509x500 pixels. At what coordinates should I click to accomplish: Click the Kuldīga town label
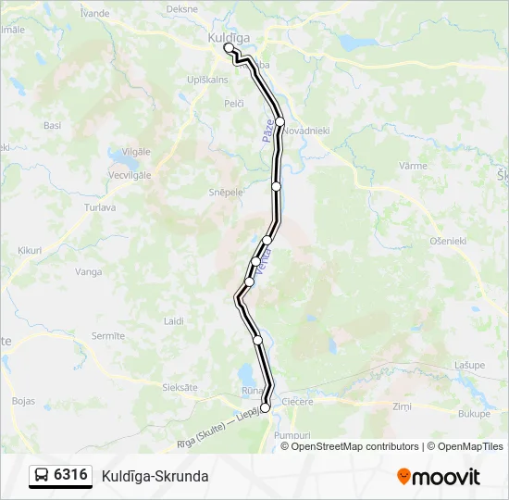coord(223,36)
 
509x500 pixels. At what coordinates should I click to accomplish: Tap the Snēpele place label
coord(226,192)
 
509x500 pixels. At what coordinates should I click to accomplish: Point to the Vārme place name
coord(413,166)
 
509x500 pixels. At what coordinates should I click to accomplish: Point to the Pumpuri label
coord(293,433)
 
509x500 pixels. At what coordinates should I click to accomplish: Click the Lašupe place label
coord(469,365)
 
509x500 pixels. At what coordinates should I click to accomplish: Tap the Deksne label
coord(182,8)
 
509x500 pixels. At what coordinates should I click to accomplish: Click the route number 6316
coord(71,475)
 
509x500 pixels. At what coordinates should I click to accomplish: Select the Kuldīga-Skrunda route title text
coord(155,476)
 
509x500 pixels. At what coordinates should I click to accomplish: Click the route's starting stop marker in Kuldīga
coord(229,47)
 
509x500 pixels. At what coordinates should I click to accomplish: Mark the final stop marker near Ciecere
coord(266,407)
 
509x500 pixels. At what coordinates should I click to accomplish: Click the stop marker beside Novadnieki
coord(279,122)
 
